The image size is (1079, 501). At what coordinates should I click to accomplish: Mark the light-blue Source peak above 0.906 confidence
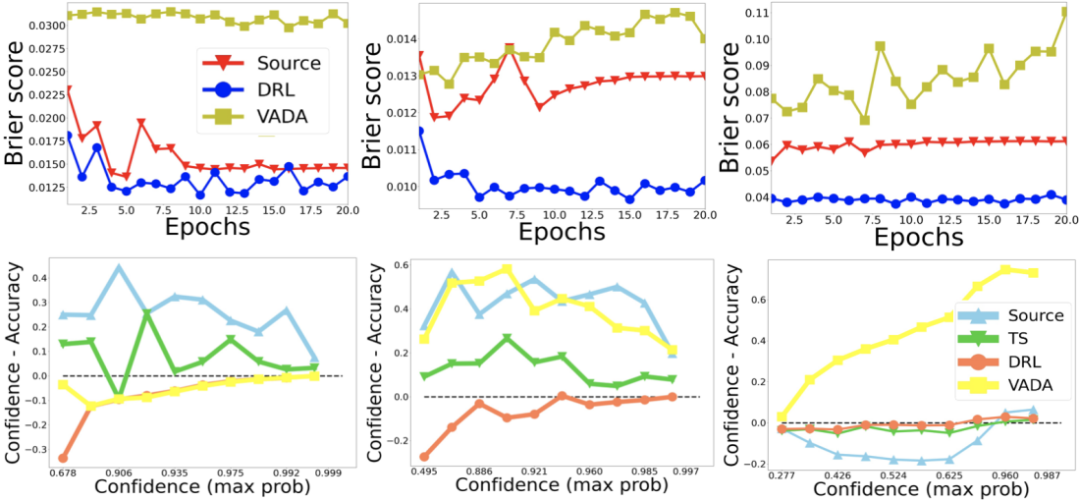click(x=119, y=267)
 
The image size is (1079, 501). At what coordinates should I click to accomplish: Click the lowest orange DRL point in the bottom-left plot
click(x=64, y=458)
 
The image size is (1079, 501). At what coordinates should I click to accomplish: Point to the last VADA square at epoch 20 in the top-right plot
click(x=1064, y=12)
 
